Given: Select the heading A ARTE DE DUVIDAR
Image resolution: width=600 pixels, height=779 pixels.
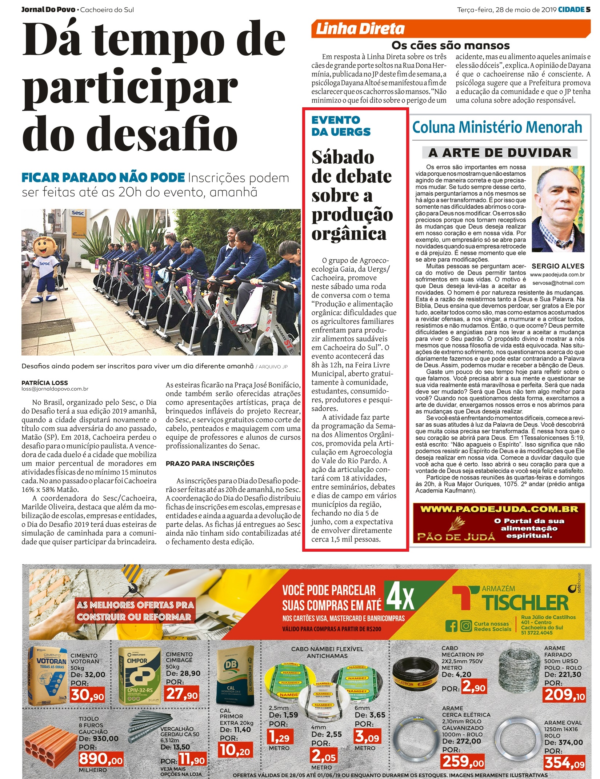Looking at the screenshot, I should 500,153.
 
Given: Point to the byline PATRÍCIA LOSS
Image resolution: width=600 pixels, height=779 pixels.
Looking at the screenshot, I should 44,383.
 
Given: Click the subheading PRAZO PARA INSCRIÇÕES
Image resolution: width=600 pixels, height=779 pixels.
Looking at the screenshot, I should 210,463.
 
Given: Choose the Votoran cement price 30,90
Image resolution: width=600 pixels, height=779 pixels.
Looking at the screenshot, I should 87,695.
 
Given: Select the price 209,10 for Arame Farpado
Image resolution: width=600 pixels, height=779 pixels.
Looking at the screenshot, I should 564,695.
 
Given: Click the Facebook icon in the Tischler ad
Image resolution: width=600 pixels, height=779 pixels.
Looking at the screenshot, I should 451,626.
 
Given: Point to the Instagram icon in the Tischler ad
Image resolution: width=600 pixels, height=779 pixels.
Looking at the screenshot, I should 466,626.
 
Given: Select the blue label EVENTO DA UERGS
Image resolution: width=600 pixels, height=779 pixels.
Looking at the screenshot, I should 341,126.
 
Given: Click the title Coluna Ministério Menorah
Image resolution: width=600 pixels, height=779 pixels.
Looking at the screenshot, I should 497,128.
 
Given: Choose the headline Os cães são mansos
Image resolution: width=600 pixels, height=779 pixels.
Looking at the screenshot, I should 450,45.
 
